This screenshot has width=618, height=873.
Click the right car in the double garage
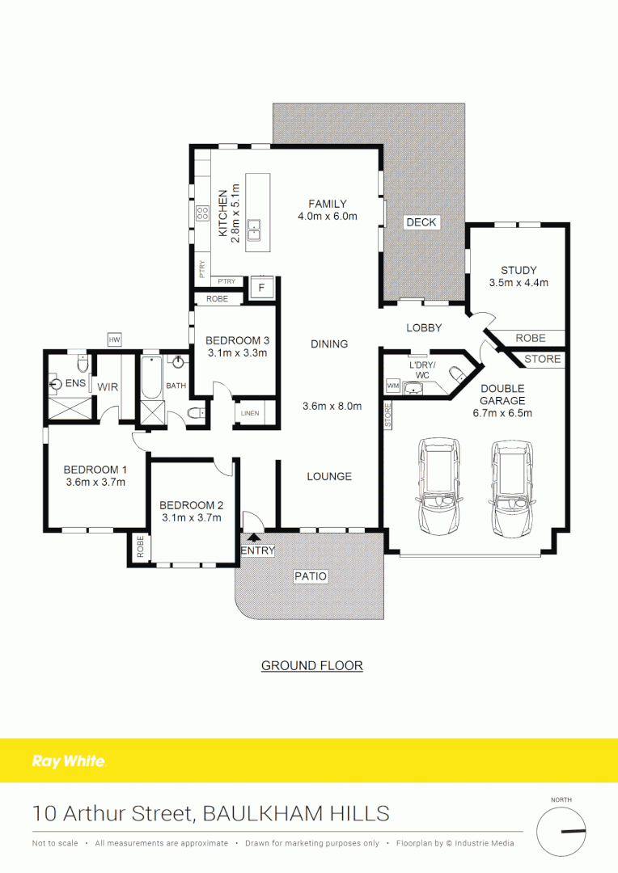click(x=510, y=487)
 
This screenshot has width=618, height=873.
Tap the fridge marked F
click(x=261, y=287)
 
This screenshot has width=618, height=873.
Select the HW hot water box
click(x=114, y=339)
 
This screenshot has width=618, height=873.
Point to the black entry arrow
click(x=254, y=535)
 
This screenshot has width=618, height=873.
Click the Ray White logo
click(x=68, y=761)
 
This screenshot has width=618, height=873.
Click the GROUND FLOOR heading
click(x=311, y=666)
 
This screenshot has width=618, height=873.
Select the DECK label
click(x=421, y=222)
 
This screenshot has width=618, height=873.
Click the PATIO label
click(x=311, y=576)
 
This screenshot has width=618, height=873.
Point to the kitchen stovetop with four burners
click(x=202, y=214)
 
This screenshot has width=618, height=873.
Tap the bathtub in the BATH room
click(x=151, y=378)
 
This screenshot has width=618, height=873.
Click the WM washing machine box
click(x=393, y=386)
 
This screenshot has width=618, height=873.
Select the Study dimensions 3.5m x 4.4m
click(x=519, y=283)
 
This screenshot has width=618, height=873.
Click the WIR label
click(x=108, y=387)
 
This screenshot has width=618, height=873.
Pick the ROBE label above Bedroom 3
click(x=217, y=299)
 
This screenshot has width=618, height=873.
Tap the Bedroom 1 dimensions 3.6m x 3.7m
click(x=95, y=483)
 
